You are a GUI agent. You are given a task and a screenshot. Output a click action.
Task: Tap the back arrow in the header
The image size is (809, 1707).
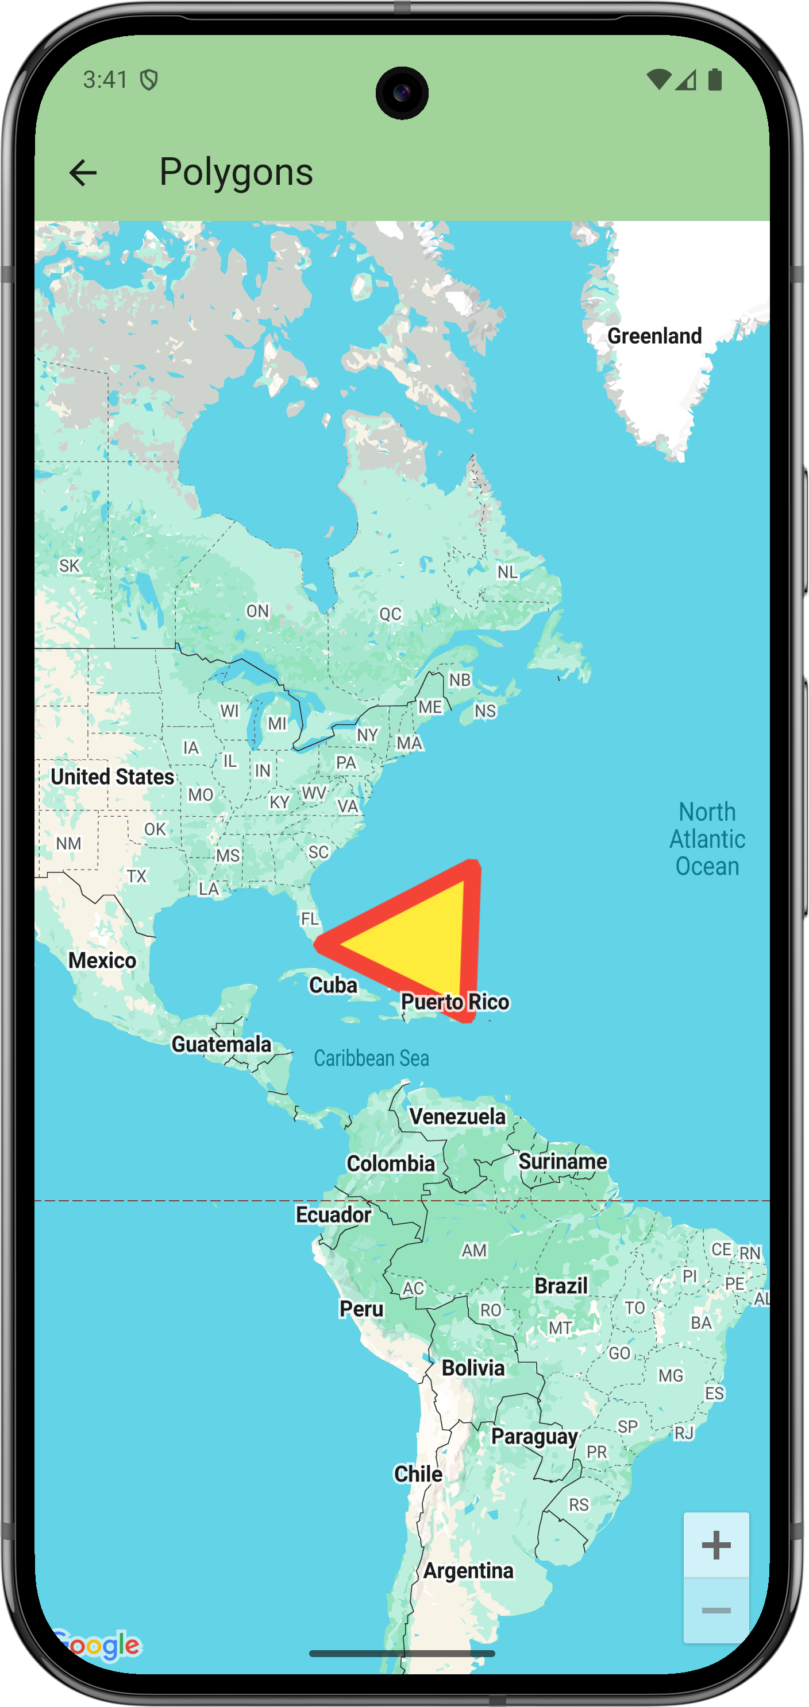coord(83,173)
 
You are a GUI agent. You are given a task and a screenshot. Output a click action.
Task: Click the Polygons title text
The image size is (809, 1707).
coord(236,172)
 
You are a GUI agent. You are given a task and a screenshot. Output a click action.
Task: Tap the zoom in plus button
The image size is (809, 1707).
coord(716,1545)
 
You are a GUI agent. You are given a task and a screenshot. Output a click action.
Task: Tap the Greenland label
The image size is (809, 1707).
coord(654,336)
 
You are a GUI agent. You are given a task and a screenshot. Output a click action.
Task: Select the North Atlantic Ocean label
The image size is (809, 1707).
coord(707,839)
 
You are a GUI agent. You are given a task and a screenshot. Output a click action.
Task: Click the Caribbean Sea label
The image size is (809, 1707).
coord(371,1058)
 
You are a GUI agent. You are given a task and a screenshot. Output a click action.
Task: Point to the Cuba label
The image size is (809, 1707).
coord(333,986)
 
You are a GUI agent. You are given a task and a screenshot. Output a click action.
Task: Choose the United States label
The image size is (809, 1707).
coord(112,777)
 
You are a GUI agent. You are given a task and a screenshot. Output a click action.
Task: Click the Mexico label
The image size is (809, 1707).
coord(102,960)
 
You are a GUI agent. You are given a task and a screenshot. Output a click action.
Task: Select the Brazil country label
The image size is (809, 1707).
coord(561,1286)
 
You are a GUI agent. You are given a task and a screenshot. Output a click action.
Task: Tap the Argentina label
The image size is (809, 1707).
coord(468,1570)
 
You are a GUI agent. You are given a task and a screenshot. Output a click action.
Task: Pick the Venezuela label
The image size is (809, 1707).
coord(457,1116)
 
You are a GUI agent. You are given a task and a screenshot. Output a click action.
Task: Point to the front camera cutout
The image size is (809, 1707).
coord(402,93)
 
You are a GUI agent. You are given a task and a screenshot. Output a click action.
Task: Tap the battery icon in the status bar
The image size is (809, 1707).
coord(715,80)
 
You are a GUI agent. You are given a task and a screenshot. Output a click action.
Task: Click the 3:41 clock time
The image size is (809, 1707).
coord(106,80)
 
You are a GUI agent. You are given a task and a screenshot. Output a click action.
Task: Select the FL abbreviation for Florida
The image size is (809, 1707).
coord(310,918)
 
